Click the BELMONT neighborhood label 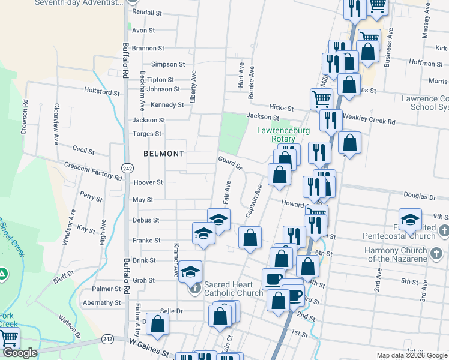click(164, 154)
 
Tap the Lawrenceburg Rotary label click(283, 134)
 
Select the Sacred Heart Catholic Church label click(233, 289)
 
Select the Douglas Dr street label click(419, 197)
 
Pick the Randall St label click(146, 12)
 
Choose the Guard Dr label click(230, 162)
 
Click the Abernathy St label click(102, 303)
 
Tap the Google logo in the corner click(20, 353)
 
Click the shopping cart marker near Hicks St click(321, 98)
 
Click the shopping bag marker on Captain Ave click(250, 238)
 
